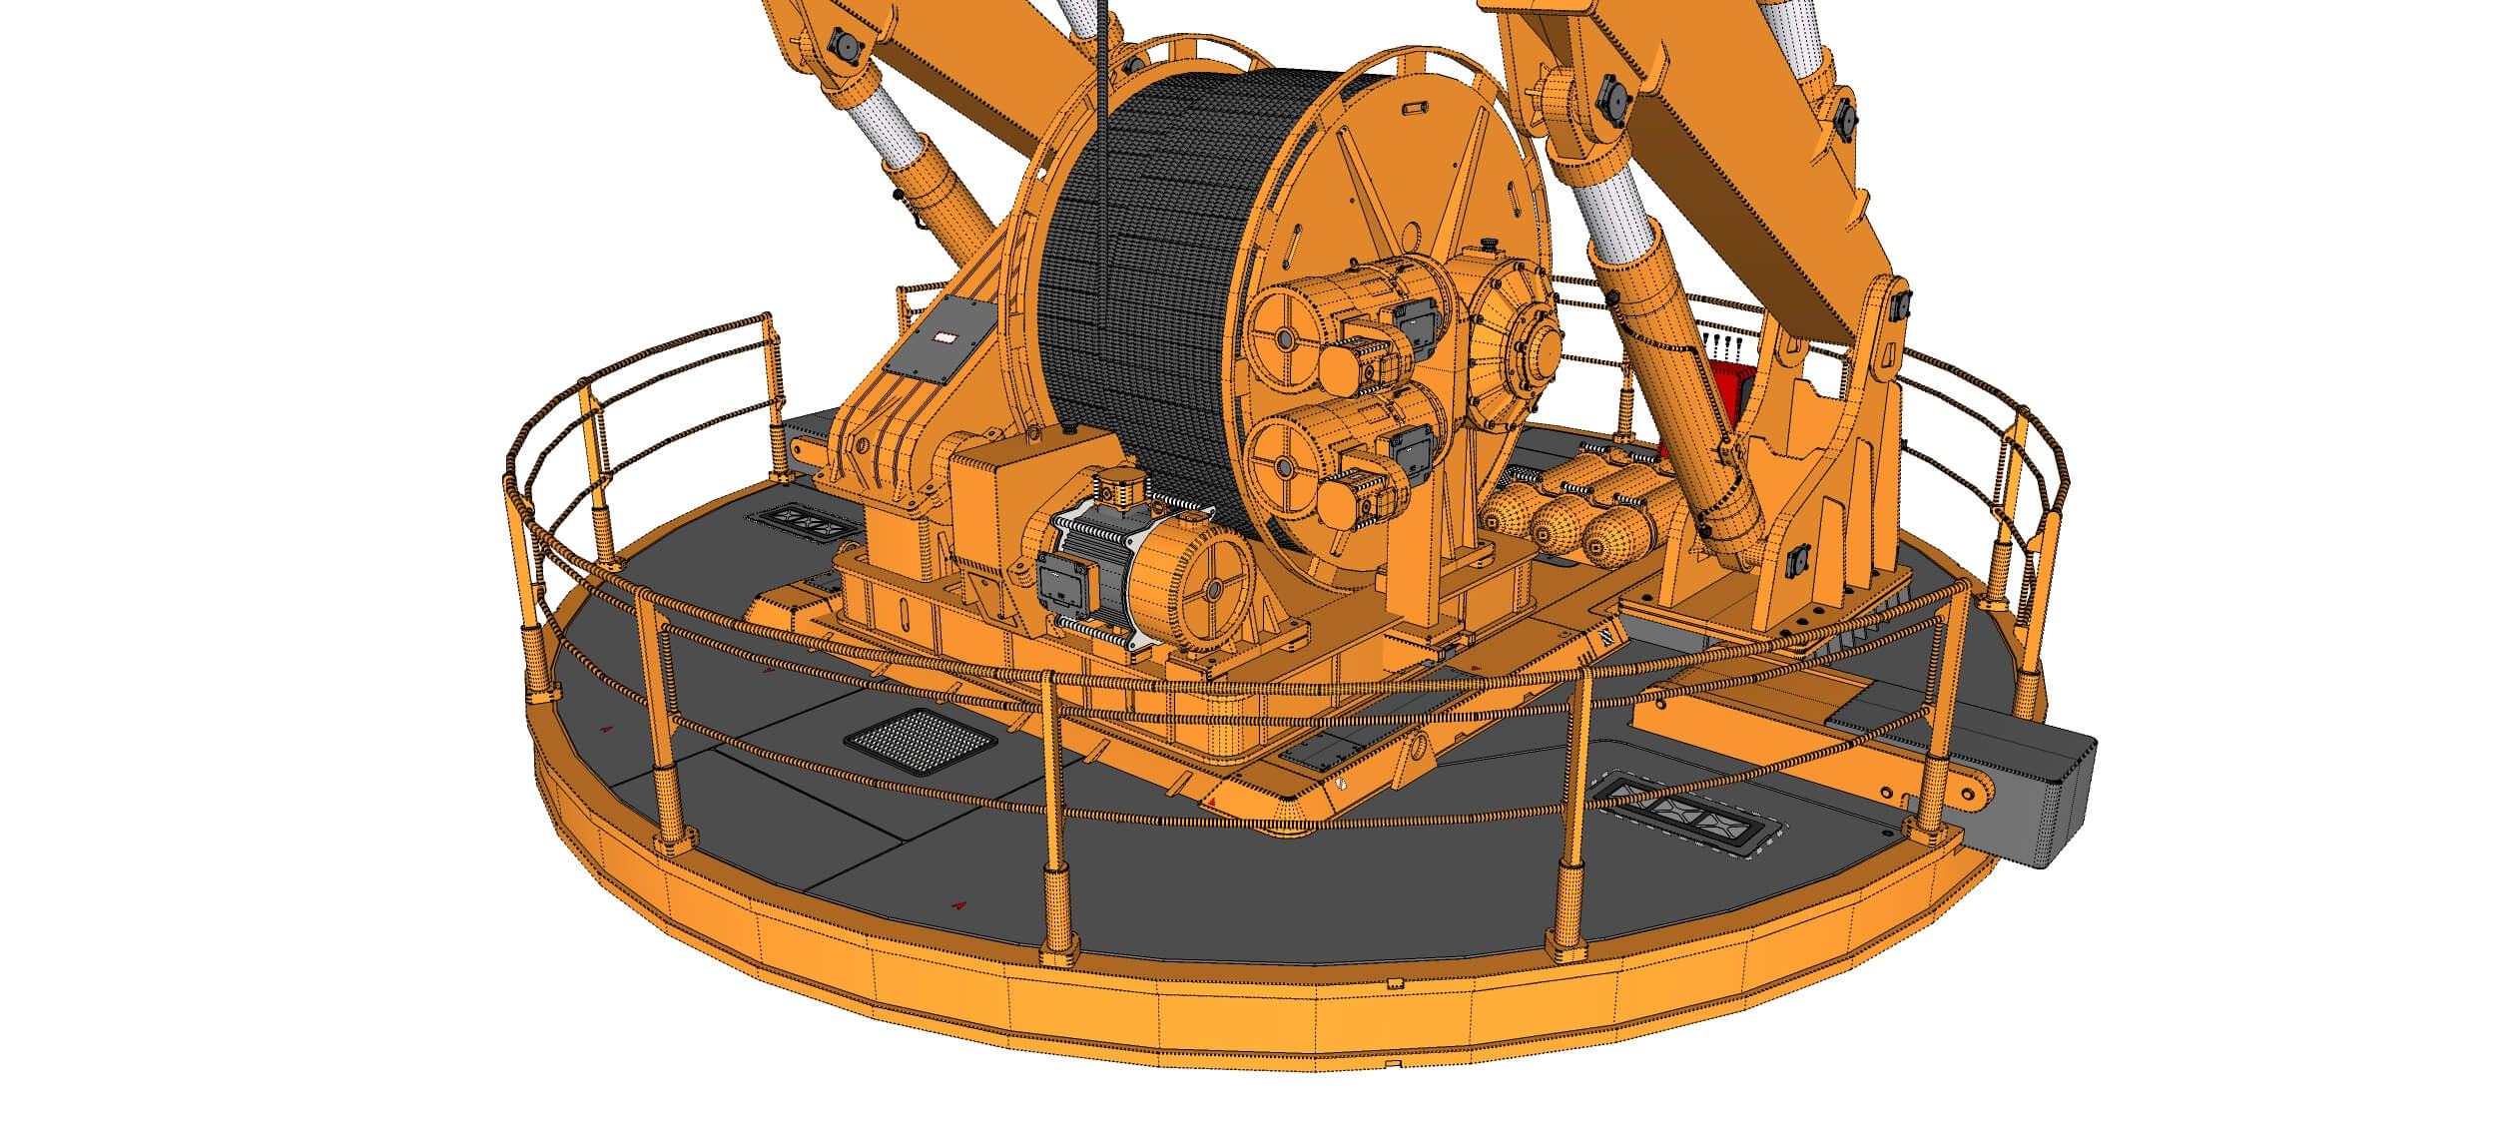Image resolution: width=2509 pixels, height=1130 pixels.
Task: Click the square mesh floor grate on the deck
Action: click(x=920, y=743)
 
